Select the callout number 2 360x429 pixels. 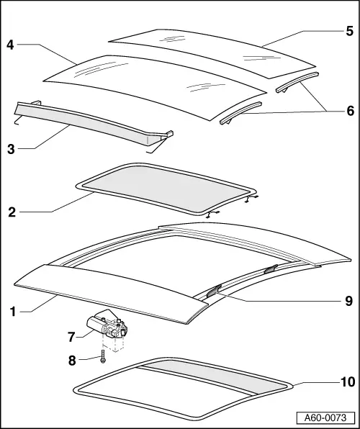pos(12,212)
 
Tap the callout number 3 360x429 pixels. pos(12,149)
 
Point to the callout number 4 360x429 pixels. pos(11,45)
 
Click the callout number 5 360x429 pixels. pos(348,31)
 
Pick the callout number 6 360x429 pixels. pos(348,111)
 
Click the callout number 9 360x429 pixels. pos(348,301)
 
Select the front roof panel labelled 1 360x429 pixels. pos(108,288)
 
